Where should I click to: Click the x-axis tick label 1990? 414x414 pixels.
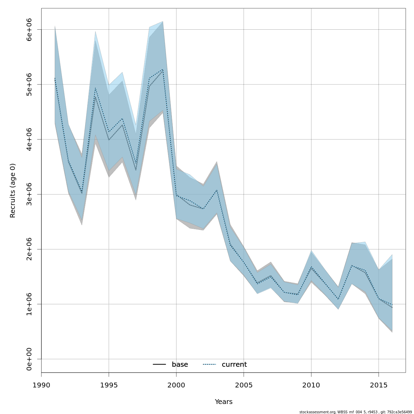click(x=41, y=385)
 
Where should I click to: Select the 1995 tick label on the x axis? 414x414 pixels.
click(x=109, y=385)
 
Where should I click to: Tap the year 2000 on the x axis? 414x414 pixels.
click(x=176, y=385)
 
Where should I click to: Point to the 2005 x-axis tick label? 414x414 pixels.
click(x=244, y=385)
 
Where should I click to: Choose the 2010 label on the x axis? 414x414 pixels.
click(x=311, y=385)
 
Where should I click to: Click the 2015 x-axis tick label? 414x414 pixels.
click(x=378, y=385)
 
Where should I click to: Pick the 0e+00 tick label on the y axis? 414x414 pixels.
click(x=29, y=359)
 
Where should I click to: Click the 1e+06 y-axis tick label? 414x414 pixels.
click(x=29, y=304)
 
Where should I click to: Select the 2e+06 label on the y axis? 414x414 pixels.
click(x=29, y=249)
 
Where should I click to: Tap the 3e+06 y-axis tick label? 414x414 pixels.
click(x=29, y=194)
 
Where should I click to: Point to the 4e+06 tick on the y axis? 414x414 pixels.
click(x=29, y=139)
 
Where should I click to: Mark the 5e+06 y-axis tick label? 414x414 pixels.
click(x=29, y=85)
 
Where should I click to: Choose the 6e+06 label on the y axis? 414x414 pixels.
click(x=29, y=30)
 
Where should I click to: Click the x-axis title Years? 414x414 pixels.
click(x=224, y=402)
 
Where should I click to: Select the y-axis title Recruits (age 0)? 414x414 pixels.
click(x=13, y=190)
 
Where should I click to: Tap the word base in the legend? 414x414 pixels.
click(x=180, y=365)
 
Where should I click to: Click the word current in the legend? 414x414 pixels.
click(x=234, y=365)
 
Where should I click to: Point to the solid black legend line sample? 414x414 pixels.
click(x=159, y=365)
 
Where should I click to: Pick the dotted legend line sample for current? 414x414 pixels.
click(x=209, y=365)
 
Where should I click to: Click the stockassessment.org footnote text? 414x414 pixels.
click(x=355, y=412)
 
